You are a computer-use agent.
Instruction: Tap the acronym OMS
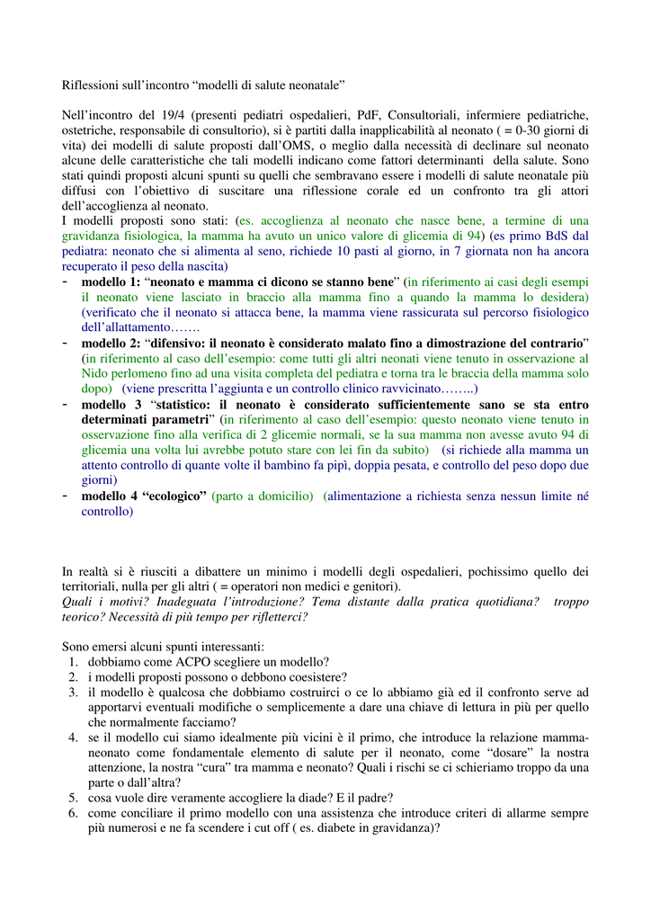coord(299,145)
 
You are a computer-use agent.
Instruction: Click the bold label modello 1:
coord(111,282)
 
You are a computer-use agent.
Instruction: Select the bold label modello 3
coord(113,404)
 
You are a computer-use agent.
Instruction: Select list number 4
coord(73,738)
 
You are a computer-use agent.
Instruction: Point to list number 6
coord(73,813)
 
